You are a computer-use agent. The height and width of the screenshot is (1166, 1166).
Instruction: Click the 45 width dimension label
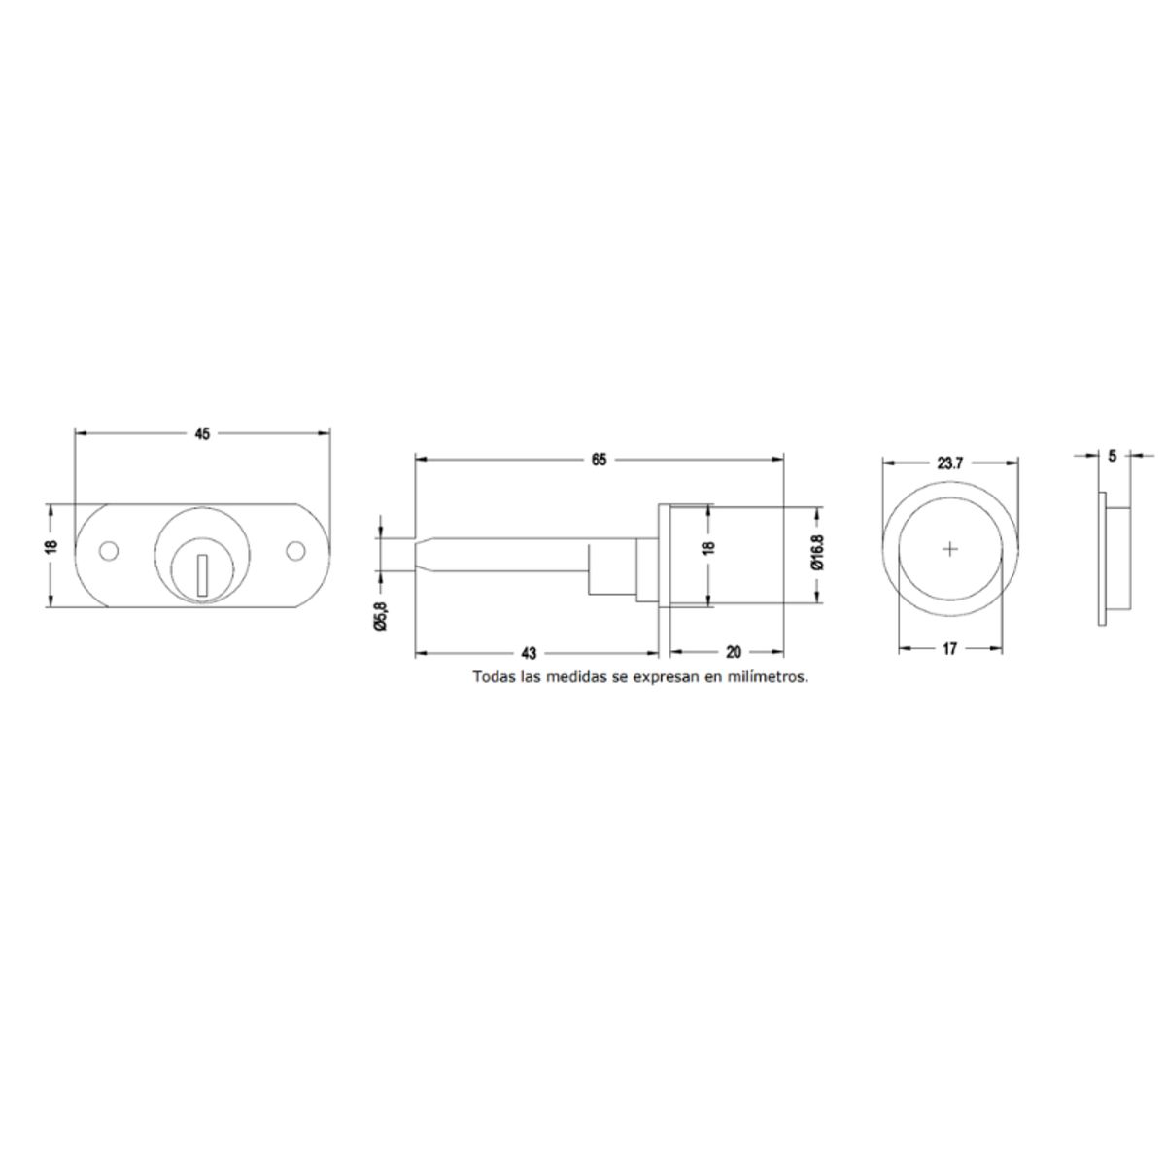(x=202, y=434)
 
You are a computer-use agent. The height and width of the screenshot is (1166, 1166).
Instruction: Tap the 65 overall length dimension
(x=599, y=460)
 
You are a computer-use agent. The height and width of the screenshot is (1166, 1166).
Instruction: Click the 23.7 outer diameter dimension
(x=949, y=463)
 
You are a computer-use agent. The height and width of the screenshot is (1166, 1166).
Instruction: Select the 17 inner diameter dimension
(x=949, y=648)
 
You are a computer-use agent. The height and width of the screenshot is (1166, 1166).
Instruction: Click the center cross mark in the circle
(x=950, y=550)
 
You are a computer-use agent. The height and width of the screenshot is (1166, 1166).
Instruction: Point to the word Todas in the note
(x=494, y=677)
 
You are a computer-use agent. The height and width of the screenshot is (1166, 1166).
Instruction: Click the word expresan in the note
(x=664, y=677)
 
